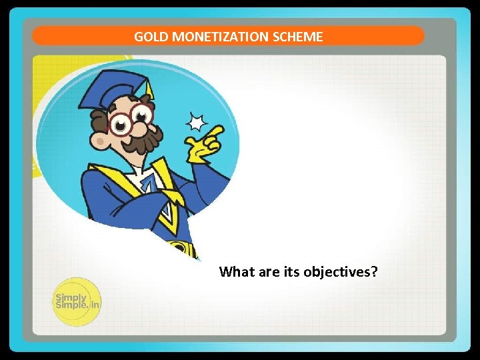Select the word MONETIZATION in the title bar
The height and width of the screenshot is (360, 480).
point(220,37)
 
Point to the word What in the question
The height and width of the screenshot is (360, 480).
point(235,272)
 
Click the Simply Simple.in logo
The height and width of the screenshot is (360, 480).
point(77,302)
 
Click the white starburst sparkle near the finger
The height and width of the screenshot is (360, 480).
point(196,122)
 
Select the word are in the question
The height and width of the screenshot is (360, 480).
point(267,272)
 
